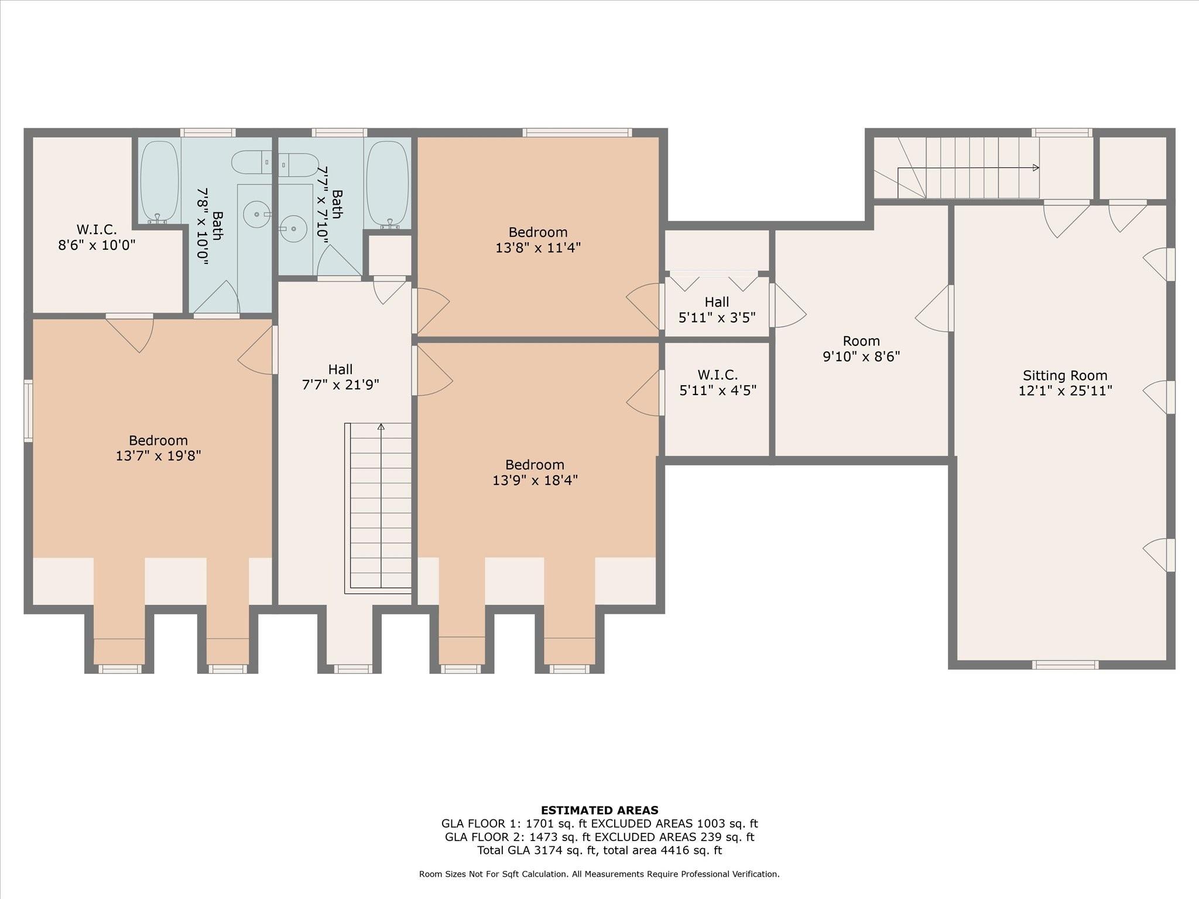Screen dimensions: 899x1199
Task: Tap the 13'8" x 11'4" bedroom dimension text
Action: tap(537, 248)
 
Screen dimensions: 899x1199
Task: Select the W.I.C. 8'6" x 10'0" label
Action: tap(97, 237)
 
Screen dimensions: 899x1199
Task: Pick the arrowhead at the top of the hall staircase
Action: tap(381, 427)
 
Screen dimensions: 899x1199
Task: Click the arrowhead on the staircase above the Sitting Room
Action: tap(1036, 168)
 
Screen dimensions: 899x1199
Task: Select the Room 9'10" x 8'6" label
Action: tap(861, 349)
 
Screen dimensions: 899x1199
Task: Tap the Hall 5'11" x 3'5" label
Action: tap(717, 310)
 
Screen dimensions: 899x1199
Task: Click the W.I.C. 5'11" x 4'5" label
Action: tap(717, 382)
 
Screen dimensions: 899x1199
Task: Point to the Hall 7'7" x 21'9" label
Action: tap(340, 377)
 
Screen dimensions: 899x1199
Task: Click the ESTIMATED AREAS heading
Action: tap(599, 810)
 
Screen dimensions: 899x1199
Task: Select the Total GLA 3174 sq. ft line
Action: tap(599, 850)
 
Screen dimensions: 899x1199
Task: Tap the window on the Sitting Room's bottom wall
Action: tap(1064, 664)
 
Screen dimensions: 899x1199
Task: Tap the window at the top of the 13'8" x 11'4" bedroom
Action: tap(577, 133)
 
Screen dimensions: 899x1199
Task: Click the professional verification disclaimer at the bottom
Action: tap(599, 874)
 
